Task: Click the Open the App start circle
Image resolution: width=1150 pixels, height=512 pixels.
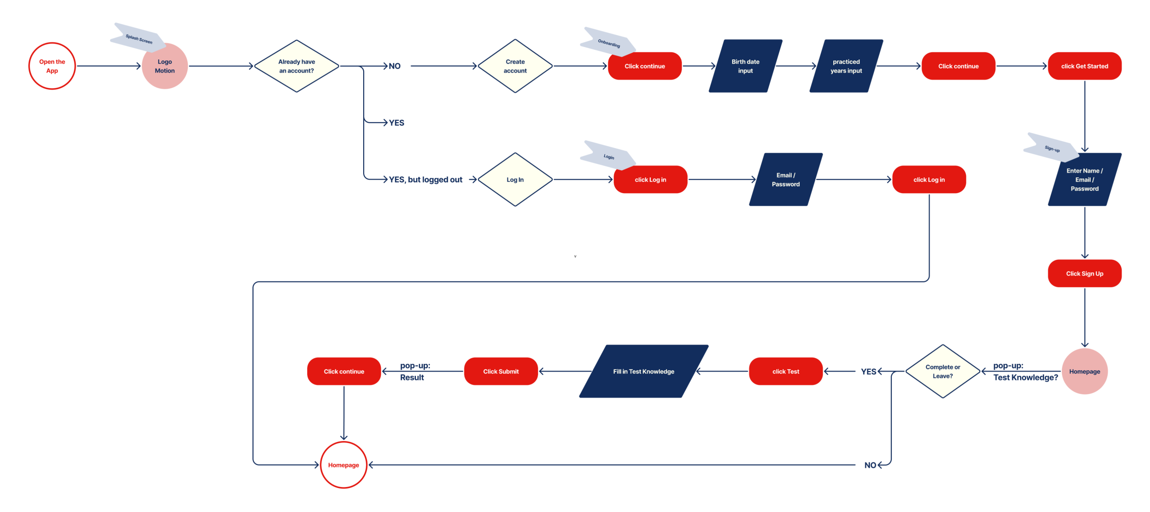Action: point(52,66)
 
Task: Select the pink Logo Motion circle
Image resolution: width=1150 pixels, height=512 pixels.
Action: point(164,66)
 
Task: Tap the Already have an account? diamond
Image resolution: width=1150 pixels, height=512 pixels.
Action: point(297,66)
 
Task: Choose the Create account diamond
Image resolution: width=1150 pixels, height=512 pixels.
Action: point(515,66)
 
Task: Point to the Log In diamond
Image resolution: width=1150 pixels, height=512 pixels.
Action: point(515,180)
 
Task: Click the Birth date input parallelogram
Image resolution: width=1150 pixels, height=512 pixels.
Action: point(745,66)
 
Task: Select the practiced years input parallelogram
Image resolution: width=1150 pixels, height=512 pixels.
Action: point(846,66)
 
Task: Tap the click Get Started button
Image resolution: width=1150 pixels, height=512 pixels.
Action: point(1084,66)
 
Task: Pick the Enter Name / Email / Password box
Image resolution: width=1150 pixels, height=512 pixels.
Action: point(1084,180)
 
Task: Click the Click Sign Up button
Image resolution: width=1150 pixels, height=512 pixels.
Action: point(1084,274)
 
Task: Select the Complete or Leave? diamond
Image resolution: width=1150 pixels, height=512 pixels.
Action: point(943,372)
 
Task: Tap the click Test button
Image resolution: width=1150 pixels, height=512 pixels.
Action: point(785,372)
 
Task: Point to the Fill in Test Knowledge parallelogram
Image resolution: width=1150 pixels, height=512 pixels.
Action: point(644,372)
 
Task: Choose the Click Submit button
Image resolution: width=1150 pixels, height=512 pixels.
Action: point(501,372)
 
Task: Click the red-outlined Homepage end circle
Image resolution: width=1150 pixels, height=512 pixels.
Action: point(344,465)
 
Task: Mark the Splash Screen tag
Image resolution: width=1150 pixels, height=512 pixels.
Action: point(138,38)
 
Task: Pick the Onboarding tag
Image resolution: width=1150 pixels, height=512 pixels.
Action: point(608,43)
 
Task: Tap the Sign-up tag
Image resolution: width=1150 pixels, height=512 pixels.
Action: point(1051,148)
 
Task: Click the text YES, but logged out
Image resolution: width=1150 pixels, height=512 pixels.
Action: point(425,180)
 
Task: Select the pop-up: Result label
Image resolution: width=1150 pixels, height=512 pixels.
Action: point(414,372)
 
